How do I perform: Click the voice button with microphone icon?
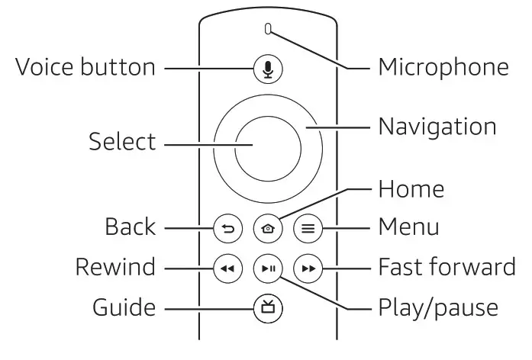267,69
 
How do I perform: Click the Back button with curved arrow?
227,227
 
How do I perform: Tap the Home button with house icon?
268,227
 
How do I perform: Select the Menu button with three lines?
308,227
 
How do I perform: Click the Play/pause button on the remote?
268,268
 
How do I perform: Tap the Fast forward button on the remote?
308,268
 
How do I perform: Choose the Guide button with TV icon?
268,309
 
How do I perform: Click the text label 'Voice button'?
85,67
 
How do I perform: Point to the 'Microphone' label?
443,67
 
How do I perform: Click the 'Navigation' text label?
437,126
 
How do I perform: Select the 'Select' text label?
122,142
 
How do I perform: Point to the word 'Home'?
411,188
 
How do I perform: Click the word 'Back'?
130,227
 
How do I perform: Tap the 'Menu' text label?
409,227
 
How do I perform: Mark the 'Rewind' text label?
114,268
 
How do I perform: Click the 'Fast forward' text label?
447,268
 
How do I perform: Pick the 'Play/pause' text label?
438,309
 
